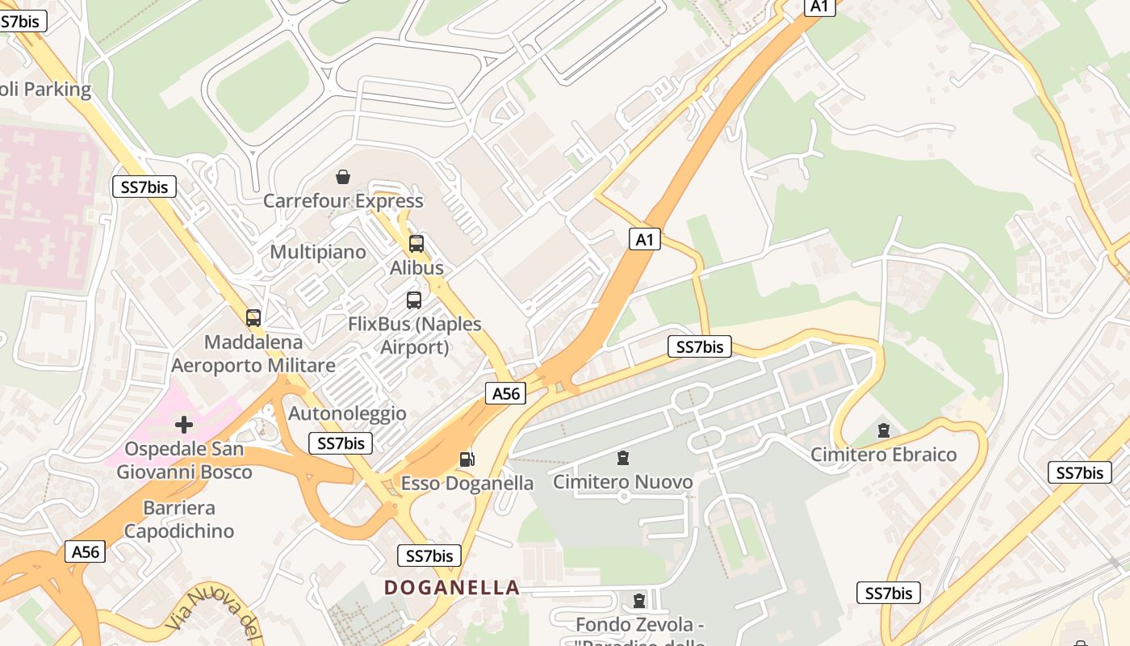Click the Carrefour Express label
(343, 201)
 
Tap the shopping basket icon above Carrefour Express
(343, 176)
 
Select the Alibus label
(416, 267)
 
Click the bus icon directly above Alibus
(416, 243)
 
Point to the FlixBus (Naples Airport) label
(414, 335)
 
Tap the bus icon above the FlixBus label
(414, 300)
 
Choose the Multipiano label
(318, 252)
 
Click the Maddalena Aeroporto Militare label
(253, 354)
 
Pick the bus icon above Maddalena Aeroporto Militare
(253, 318)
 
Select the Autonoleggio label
(348, 414)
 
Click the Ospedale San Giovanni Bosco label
(184, 460)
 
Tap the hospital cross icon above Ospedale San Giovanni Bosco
(184, 424)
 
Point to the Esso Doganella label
(467, 484)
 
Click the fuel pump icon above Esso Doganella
(467, 459)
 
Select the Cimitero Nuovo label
(622, 482)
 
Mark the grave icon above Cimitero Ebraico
(884, 430)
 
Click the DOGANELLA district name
(452, 588)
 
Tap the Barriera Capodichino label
(179, 519)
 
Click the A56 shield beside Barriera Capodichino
(85, 552)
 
